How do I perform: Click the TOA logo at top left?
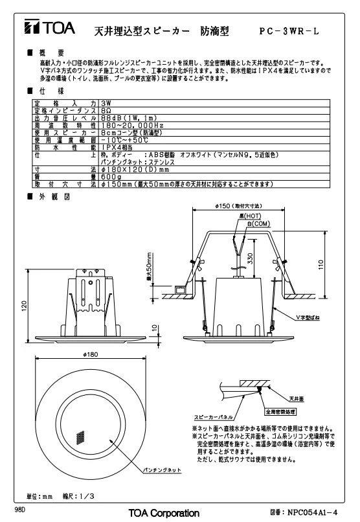(x=50, y=27)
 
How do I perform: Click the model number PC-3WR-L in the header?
(x=289, y=31)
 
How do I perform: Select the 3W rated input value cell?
(x=106, y=103)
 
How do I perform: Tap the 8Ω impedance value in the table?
(x=106, y=111)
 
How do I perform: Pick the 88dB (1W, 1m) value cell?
(x=129, y=118)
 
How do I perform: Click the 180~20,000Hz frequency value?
(x=133, y=125)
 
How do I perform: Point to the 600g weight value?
(x=111, y=177)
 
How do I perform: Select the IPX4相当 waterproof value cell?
(x=117, y=147)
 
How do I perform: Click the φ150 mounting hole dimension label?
(x=238, y=206)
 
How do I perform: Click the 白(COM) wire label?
(x=258, y=223)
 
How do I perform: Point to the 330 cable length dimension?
(x=251, y=258)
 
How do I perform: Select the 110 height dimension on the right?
(x=321, y=265)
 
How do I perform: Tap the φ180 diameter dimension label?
(x=91, y=354)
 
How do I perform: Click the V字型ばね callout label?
(x=308, y=317)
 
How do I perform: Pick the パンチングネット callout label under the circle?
(x=162, y=470)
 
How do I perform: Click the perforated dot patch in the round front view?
(x=80, y=438)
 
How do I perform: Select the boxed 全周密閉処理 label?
(x=280, y=412)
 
